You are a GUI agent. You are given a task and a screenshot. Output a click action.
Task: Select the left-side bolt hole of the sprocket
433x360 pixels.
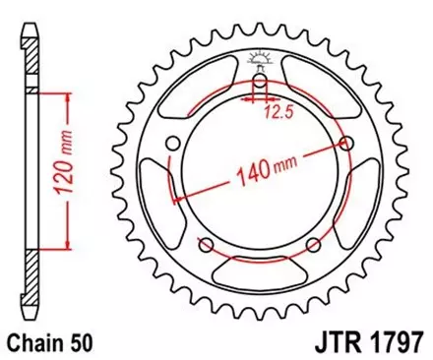(174, 145)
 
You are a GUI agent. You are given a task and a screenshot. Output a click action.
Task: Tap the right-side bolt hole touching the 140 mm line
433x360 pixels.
(345, 145)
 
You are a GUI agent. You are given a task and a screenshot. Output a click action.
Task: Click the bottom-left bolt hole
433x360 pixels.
(207, 245)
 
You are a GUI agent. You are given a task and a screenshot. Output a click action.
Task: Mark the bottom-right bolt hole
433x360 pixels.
(313, 245)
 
